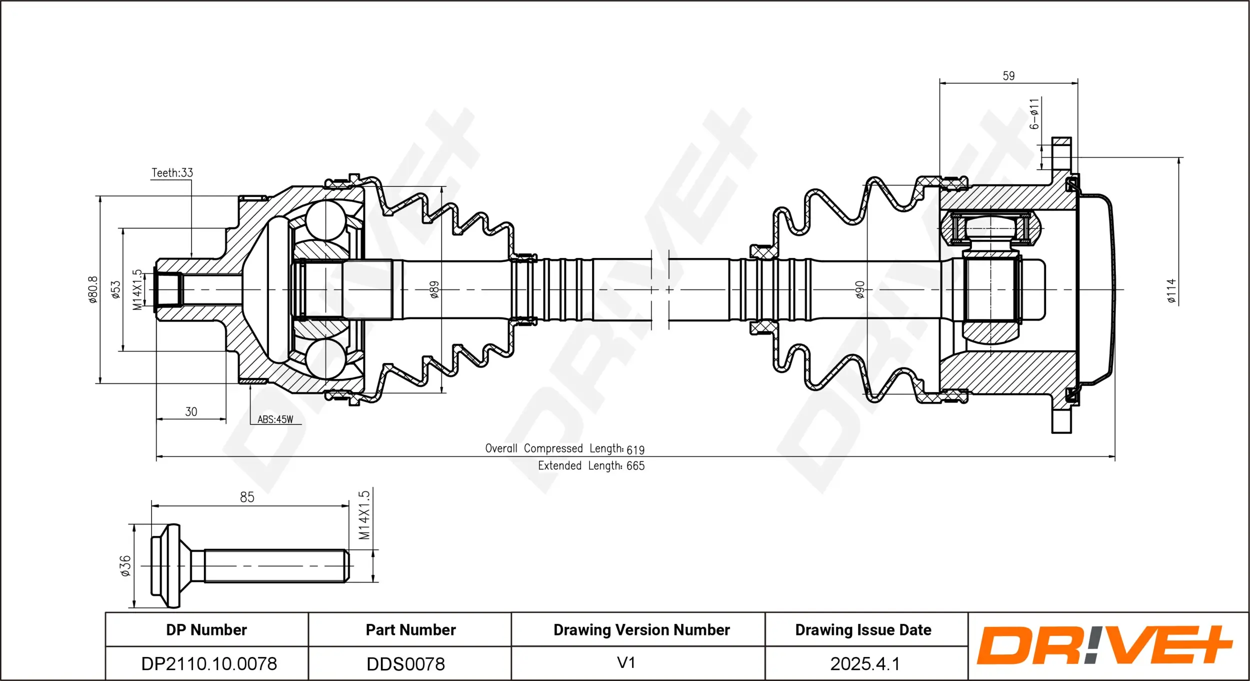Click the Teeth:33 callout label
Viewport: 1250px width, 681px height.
(172, 173)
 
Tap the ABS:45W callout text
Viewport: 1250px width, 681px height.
(275, 419)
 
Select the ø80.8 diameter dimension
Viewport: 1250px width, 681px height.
(93, 289)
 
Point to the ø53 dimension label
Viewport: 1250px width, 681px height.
(116, 289)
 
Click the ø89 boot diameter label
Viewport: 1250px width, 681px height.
(434, 289)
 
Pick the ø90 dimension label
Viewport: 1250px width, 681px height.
(859, 289)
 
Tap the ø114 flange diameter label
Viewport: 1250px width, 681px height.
(1171, 291)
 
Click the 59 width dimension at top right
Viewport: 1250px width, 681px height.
(1008, 76)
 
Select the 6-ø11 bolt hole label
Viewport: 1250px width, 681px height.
(1034, 114)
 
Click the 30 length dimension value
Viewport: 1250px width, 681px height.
(191, 412)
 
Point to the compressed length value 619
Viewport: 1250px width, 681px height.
(635, 450)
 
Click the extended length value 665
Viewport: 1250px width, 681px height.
(635, 466)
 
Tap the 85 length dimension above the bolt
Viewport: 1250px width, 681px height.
(247, 497)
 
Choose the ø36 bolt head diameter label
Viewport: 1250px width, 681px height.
(125, 566)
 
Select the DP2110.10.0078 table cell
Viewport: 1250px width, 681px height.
(208, 664)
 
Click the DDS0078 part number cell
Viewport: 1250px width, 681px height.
(405, 664)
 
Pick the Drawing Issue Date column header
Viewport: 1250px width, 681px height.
(863, 630)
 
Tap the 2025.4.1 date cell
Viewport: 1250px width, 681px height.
(864, 664)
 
